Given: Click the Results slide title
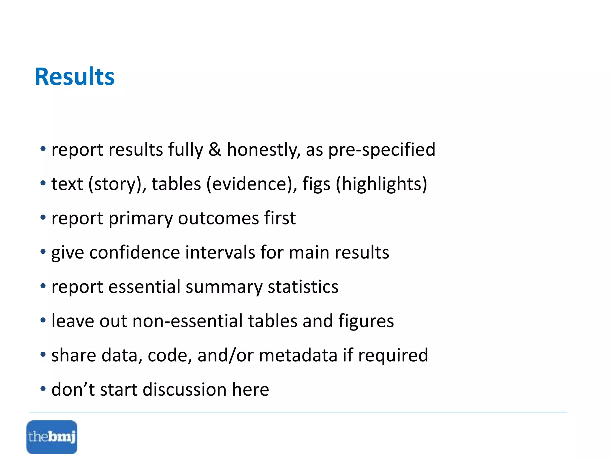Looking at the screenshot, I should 75,77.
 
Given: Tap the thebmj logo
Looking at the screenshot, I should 52,437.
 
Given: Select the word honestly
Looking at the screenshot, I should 263,150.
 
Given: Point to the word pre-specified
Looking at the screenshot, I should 382,150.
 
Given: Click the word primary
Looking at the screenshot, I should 140,218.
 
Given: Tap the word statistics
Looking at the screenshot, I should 303,287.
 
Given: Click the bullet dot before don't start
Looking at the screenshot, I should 43,389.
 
